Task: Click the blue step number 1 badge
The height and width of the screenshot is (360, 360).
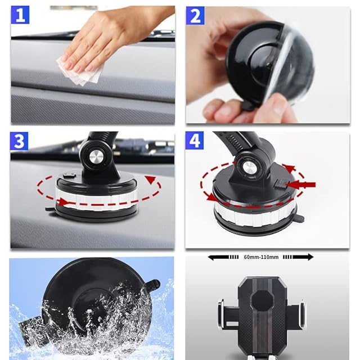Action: tap(20, 15)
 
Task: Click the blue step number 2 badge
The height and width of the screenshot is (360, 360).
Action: tap(195, 15)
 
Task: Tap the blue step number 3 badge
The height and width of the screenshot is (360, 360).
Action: tap(19, 141)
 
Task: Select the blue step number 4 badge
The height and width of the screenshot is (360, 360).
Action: tap(195, 140)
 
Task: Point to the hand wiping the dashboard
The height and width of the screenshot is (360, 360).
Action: tap(115, 39)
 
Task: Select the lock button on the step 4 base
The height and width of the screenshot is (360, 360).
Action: tap(280, 184)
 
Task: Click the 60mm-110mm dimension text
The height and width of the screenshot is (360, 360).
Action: tap(261, 257)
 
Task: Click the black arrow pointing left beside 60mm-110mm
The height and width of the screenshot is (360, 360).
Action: tap(223, 257)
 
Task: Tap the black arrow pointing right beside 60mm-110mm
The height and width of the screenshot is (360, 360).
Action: tap(298, 257)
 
